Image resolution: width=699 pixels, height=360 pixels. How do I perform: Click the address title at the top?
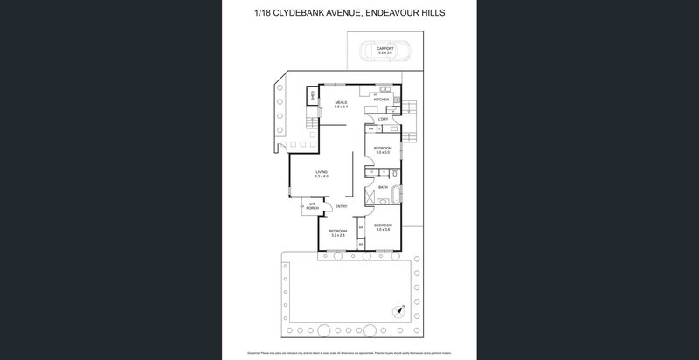[349, 12]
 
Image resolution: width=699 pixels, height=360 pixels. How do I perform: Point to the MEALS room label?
[341, 102]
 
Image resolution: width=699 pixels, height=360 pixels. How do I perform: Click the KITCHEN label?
[381, 100]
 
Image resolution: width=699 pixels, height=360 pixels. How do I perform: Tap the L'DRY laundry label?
[383, 119]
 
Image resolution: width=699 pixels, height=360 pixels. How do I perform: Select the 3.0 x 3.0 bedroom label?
[382, 150]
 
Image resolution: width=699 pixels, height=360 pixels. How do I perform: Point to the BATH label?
[383, 186]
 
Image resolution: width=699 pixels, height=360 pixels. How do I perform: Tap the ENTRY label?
[341, 207]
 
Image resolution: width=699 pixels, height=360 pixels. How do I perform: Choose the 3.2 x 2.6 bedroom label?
[337, 232]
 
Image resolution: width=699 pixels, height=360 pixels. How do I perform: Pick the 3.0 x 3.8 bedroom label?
[382, 227]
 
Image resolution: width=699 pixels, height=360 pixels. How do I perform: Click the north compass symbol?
[400, 308]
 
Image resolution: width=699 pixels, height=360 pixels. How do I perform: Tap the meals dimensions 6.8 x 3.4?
[341, 107]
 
